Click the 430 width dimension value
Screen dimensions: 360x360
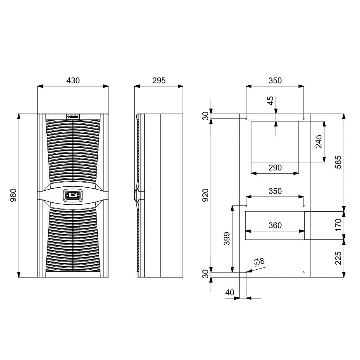pos(73,81)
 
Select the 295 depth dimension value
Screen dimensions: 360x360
pos(158,81)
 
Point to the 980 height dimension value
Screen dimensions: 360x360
pos(12,195)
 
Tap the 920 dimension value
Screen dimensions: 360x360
pos(205,195)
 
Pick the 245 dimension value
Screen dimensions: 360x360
pos(318,142)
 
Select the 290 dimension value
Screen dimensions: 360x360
pos(275,168)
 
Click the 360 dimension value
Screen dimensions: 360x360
pos(275,225)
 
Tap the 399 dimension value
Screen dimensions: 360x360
pos(227,239)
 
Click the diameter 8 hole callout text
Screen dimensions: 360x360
pos(259,262)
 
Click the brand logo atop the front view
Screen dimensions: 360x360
pos(73,116)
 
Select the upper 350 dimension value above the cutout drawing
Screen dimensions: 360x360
pos(275,81)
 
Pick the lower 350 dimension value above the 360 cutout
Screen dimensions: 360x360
pos(275,191)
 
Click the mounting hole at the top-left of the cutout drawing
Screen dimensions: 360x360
pos(246,118)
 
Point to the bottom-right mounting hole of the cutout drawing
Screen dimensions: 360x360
pos(304,272)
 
